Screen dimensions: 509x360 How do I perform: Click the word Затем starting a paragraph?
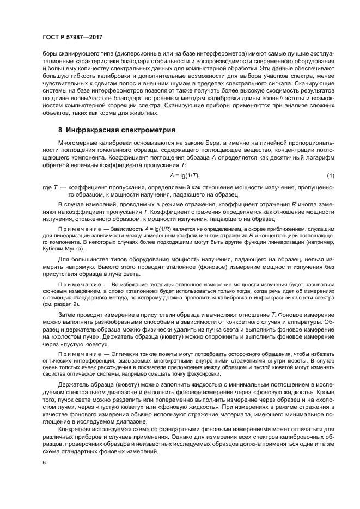tap(68, 316)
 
